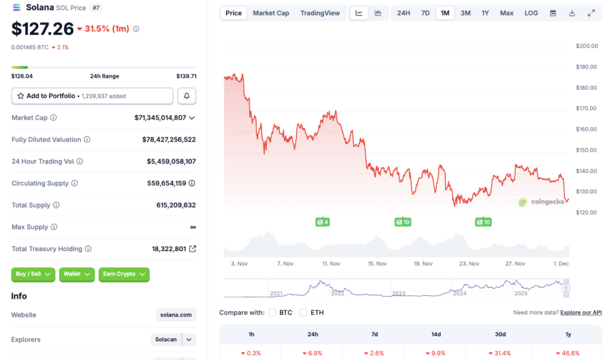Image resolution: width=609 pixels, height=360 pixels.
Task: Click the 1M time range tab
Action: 445,13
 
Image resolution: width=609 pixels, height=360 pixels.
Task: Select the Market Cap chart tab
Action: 271,13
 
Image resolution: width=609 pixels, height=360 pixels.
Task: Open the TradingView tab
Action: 320,13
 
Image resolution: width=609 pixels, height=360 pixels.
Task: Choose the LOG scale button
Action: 531,13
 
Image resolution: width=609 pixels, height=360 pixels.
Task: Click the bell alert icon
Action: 187,96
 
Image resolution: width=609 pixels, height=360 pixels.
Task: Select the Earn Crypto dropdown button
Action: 124,274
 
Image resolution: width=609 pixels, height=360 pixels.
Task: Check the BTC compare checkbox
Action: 272,312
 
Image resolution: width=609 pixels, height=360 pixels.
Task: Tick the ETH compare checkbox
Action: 304,312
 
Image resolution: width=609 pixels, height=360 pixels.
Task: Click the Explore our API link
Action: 580,312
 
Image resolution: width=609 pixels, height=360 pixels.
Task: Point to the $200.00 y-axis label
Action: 587,46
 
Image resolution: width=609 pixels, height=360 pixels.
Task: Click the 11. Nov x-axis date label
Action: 331,264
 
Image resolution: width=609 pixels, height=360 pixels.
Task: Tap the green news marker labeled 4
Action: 323,222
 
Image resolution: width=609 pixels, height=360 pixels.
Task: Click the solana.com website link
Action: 177,315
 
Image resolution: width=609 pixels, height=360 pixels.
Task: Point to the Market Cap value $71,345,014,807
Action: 160,118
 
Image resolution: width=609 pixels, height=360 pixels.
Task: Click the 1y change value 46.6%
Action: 570,353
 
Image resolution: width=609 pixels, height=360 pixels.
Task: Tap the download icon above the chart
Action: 572,13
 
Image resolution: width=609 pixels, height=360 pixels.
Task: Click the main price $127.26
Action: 42,29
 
